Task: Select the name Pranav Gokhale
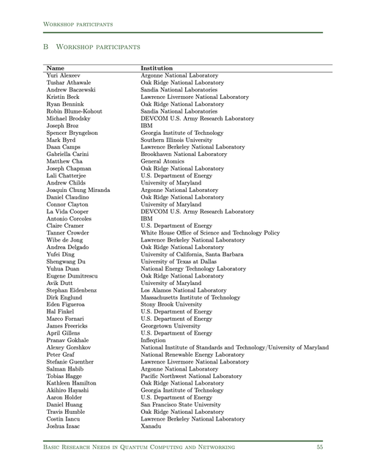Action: click(x=67, y=341)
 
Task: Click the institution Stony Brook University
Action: click(x=172, y=305)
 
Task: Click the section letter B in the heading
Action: click(x=45, y=46)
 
